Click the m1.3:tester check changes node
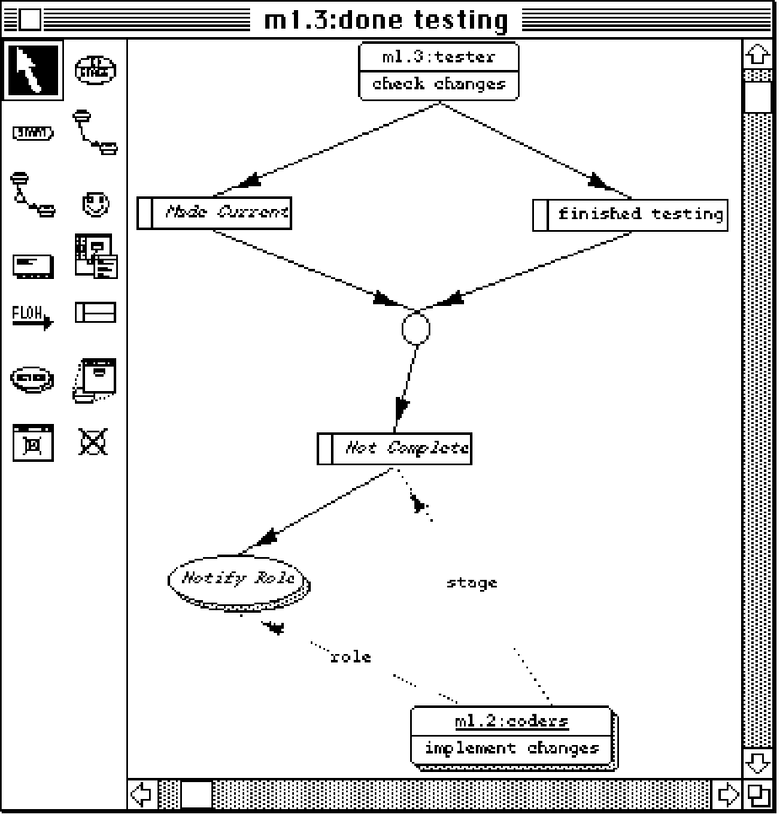(438, 72)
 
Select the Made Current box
(214, 212)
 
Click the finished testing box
(630, 214)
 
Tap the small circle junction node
(416, 328)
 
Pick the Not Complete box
(394, 448)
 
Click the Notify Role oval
(238, 580)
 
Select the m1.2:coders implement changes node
(511, 736)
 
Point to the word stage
(472, 582)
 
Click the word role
(350, 657)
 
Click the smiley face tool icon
(95, 203)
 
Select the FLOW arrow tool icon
(32, 316)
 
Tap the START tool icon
(33, 132)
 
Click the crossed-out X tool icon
(93, 441)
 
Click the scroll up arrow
(758, 56)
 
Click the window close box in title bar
(29, 19)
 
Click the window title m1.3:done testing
(387, 19)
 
